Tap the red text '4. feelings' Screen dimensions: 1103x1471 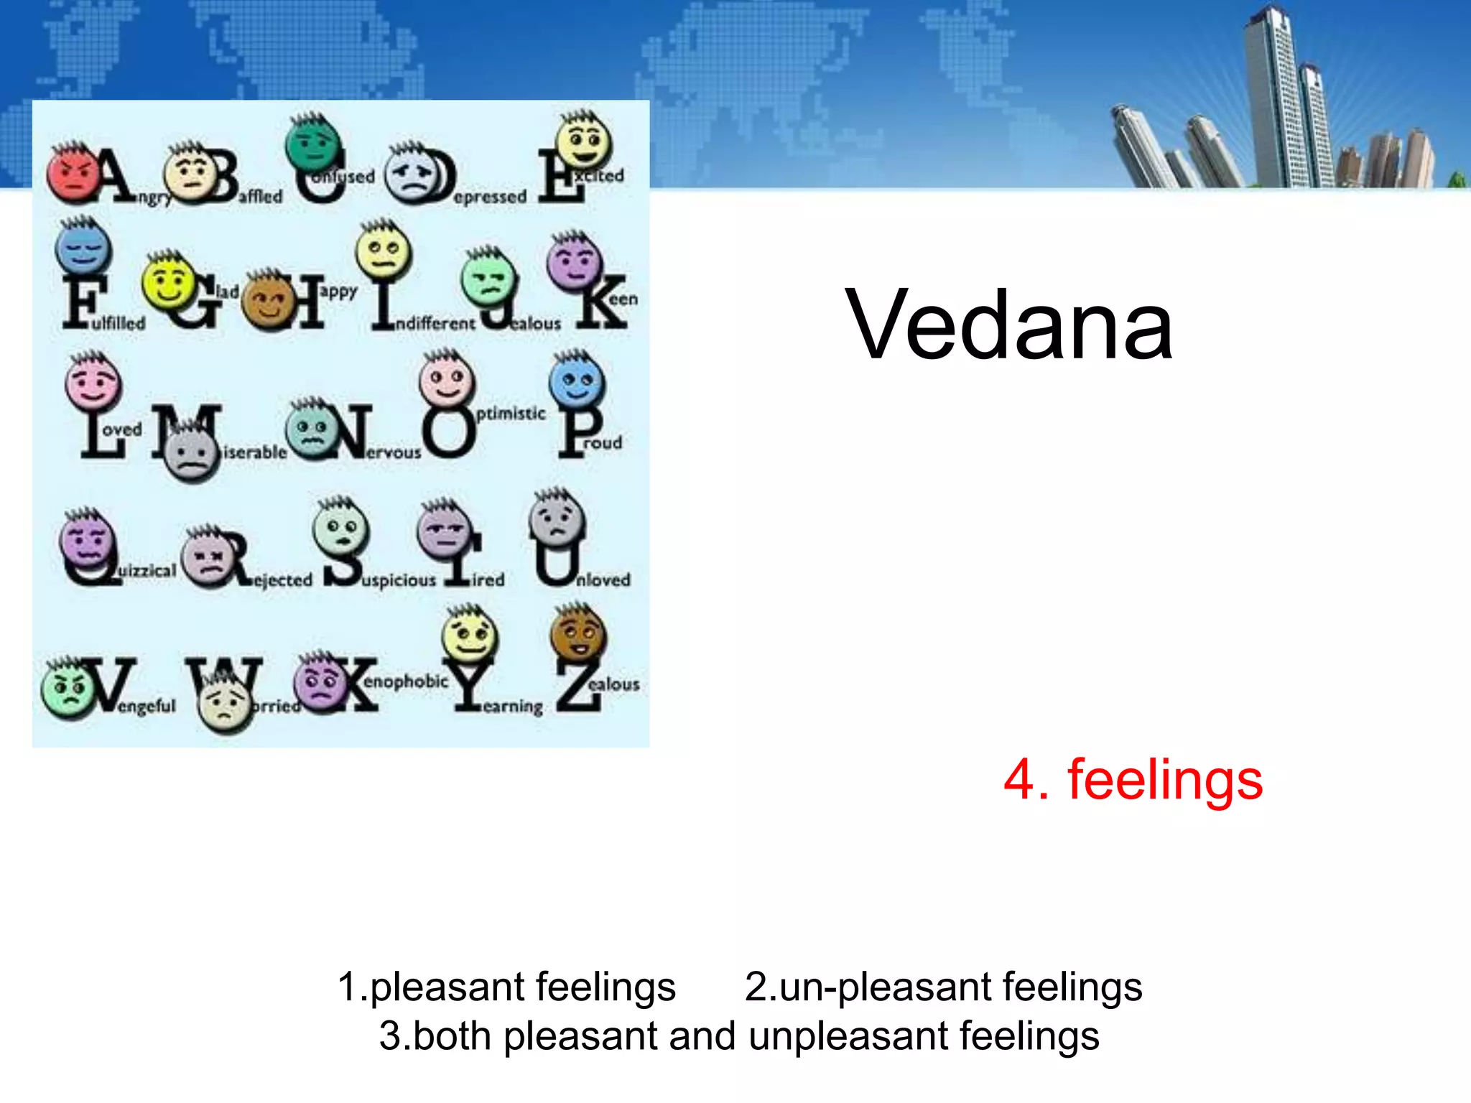coord(1133,780)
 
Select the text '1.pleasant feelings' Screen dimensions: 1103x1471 coord(506,987)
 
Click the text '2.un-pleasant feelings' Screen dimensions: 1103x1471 coord(943,987)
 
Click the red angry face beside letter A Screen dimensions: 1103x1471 coord(73,174)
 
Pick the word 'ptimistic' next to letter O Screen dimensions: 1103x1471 coord(511,414)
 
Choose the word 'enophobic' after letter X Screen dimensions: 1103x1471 coord(406,681)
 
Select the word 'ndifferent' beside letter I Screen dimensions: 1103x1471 coord(435,324)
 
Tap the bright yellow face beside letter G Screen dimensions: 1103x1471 coord(169,281)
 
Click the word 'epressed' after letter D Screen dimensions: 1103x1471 coord(491,197)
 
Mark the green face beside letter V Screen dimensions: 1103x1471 coord(67,688)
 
